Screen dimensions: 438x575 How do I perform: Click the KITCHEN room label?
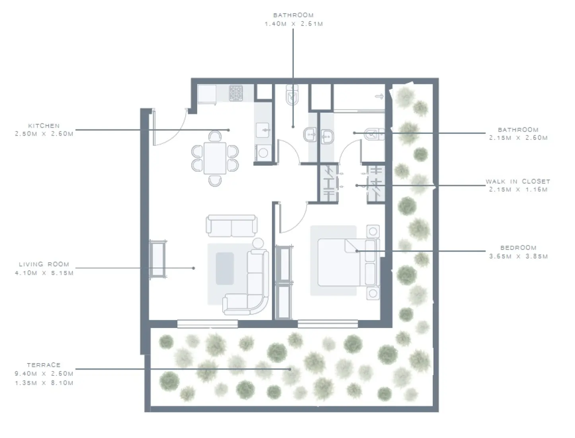(44, 125)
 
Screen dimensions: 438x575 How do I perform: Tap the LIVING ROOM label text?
(44, 264)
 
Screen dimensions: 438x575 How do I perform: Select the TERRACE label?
(44, 365)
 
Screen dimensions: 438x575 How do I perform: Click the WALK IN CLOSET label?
(518, 181)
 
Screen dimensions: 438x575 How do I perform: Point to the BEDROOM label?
(518, 248)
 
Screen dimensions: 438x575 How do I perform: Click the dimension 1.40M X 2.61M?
(293, 24)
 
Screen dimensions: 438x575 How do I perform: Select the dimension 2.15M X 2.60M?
(518, 138)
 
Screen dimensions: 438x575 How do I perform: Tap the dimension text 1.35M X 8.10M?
(44, 383)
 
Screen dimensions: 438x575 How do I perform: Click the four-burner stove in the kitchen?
(236, 93)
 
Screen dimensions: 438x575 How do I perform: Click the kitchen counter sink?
(263, 130)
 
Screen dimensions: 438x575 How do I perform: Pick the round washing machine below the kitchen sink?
(263, 152)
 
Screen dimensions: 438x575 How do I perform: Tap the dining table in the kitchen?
(215, 158)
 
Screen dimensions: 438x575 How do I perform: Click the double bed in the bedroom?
(340, 262)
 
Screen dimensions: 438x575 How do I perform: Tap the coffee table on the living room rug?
(225, 268)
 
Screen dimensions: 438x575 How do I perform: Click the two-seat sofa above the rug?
(231, 226)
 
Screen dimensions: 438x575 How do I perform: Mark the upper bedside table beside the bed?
(373, 231)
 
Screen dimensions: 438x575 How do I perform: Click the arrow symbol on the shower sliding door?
(379, 96)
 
